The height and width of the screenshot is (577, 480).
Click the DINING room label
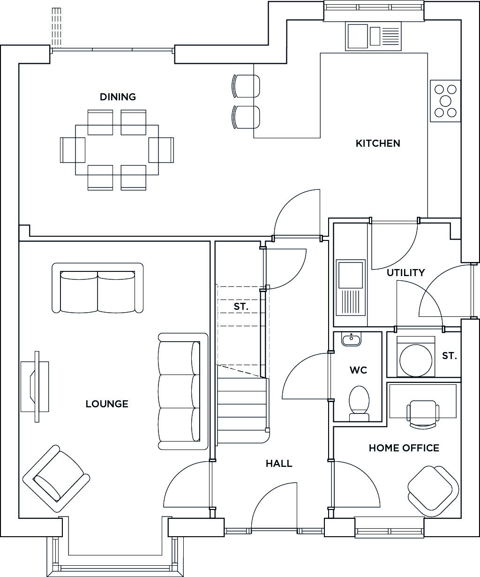click(118, 97)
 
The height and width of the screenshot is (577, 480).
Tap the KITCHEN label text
click(378, 143)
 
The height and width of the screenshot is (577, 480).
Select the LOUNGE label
click(107, 404)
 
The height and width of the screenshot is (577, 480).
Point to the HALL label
click(279, 464)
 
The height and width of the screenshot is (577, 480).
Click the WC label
click(359, 370)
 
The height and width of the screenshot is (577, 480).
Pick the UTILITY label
click(405, 273)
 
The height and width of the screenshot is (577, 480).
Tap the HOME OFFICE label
click(404, 448)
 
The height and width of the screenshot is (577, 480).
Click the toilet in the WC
click(359, 404)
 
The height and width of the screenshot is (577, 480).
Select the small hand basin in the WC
click(351, 339)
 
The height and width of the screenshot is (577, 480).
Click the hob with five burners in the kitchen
click(445, 101)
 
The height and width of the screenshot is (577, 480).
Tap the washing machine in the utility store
click(415, 357)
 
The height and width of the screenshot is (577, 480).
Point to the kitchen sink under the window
click(373, 37)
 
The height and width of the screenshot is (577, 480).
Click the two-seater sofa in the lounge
click(97, 288)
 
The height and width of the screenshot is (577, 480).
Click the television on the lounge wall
click(35, 387)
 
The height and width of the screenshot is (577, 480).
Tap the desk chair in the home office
click(422, 414)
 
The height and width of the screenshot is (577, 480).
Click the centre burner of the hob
click(445, 101)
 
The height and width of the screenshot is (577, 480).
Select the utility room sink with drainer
click(351, 287)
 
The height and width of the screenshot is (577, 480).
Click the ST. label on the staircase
click(241, 307)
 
